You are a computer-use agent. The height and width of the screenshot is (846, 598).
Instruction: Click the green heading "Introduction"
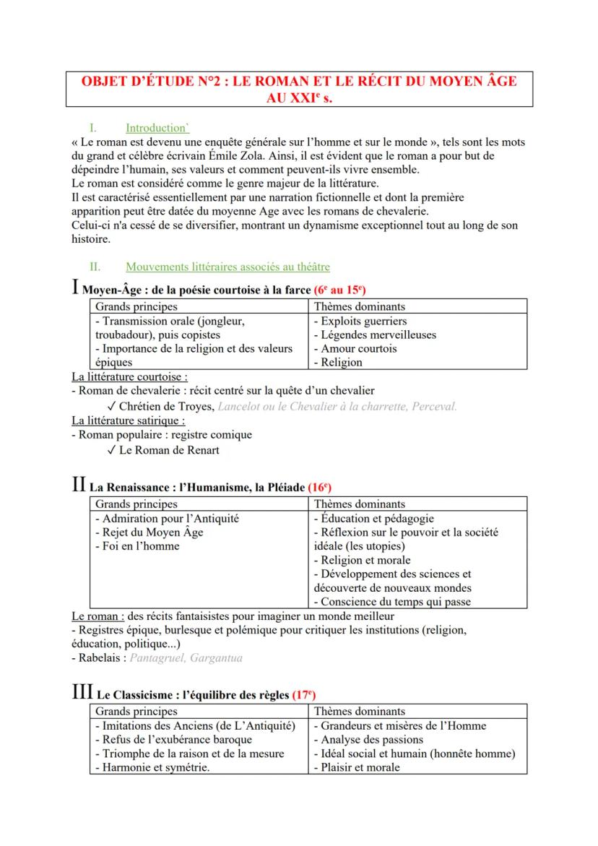(x=157, y=128)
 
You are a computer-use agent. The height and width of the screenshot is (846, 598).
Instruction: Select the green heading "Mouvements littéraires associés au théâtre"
(x=227, y=267)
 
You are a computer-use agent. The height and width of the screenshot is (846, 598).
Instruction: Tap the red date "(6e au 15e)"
(x=339, y=290)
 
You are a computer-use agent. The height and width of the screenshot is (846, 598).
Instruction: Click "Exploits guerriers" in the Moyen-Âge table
(x=363, y=321)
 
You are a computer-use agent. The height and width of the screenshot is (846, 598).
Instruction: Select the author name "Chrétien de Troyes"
(x=166, y=406)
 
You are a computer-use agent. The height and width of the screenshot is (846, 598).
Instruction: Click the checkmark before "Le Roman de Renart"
(x=110, y=450)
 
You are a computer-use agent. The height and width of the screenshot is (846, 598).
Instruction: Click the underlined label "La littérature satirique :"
(x=128, y=420)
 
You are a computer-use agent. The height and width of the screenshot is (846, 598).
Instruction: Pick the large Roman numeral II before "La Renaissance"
(x=79, y=485)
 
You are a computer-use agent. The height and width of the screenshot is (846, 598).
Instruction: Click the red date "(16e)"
(x=319, y=488)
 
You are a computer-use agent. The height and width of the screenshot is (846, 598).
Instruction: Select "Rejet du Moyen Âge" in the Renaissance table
(x=149, y=532)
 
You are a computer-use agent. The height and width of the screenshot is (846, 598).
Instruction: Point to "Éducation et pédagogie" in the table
(x=373, y=519)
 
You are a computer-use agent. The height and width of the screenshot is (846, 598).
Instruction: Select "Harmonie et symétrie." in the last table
(x=152, y=767)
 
